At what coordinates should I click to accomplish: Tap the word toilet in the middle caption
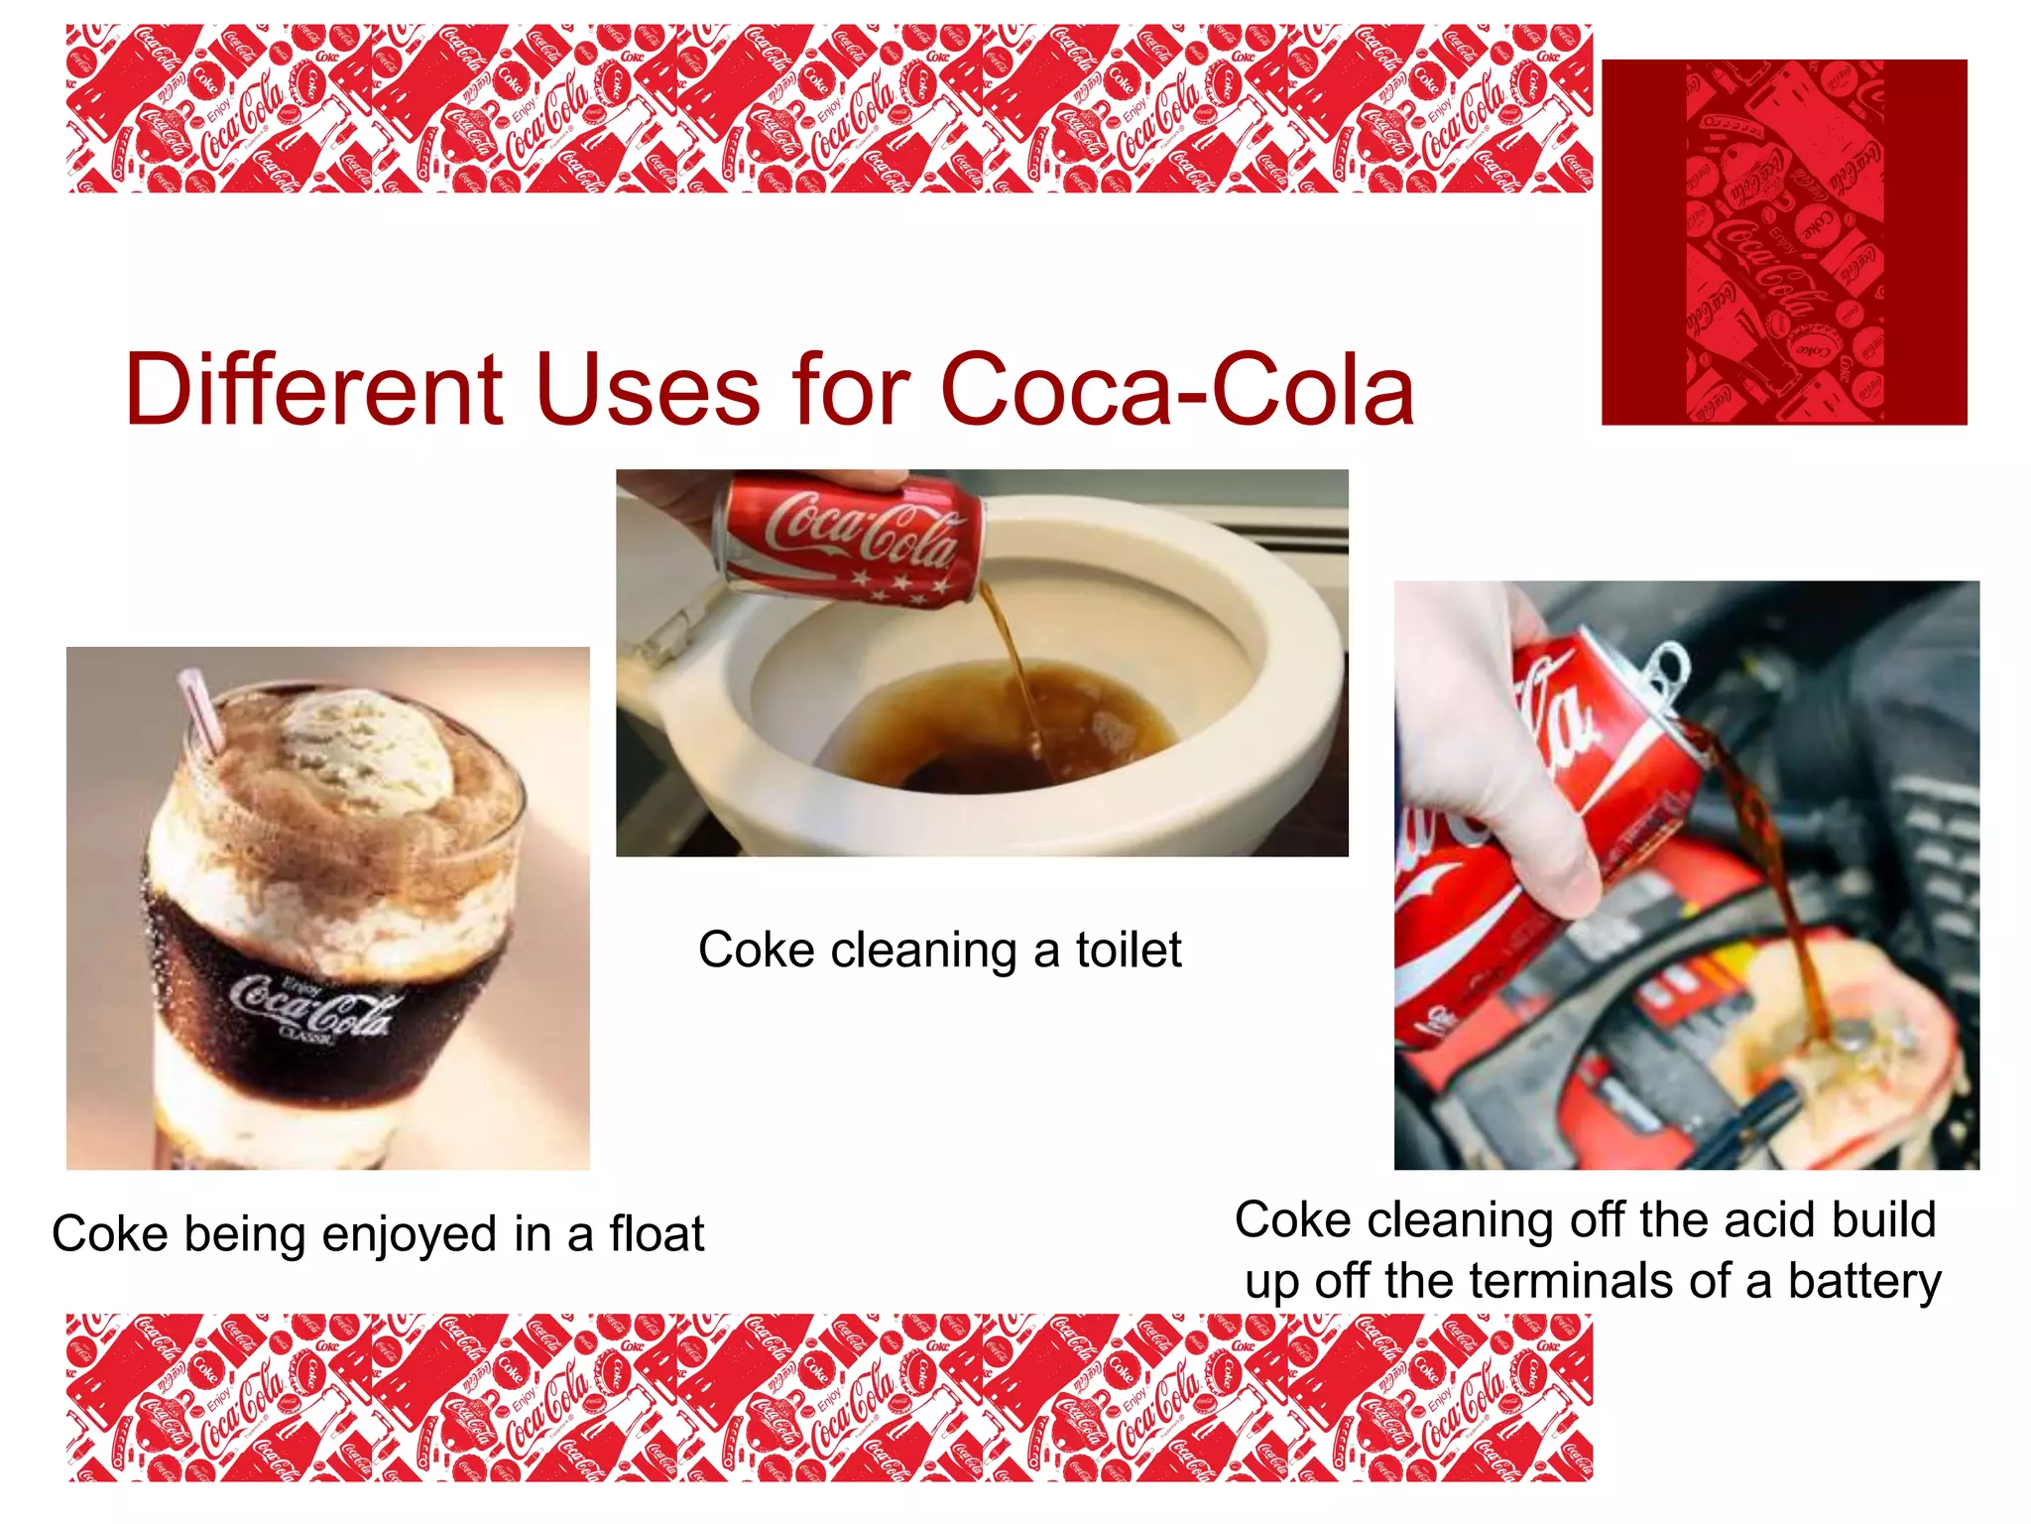click(x=1129, y=951)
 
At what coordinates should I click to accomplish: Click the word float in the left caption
click(x=657, y=1234)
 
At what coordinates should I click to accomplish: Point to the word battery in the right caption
click(x=1863, y=1282)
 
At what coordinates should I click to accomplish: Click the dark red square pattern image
click(x=1783, y=242)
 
